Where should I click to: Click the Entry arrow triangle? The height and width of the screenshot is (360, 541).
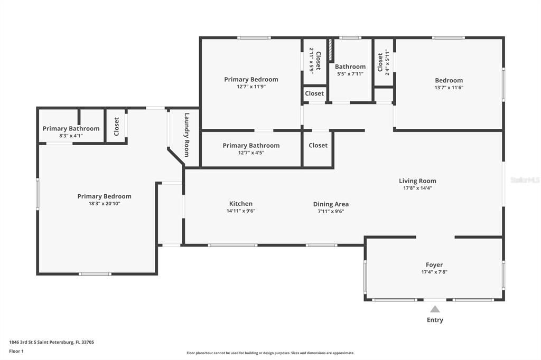click(434, 309)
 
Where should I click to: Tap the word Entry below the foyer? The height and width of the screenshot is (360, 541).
click(435, 320)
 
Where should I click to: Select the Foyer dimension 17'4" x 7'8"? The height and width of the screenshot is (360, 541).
click(434, 272)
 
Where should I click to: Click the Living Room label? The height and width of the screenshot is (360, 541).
click(417, 181)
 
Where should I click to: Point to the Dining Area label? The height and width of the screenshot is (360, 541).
click(331, 204)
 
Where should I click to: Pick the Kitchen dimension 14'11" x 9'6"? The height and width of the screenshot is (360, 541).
click(240, 211)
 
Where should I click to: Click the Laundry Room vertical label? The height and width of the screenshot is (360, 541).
click(186, 135)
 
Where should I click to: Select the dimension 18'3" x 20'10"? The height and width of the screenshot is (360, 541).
click(104, 203)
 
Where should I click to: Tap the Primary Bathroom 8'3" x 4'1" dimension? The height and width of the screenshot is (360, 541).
click(71, 136)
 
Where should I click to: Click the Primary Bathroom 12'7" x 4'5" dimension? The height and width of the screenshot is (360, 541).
click(251, 153)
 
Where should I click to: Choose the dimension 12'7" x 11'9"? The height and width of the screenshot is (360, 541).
click(251, 87)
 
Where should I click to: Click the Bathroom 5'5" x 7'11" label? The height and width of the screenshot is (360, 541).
click(350, 67)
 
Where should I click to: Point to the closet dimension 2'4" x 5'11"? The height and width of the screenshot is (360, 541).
click(387, 62)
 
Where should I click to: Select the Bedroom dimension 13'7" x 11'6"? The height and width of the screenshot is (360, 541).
click(449, 88)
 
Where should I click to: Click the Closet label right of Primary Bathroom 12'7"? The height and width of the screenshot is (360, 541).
click(318, 145)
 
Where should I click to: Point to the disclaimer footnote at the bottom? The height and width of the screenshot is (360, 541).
click(270, 353)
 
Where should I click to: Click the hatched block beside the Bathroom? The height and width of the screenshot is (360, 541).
click(330, 50)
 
